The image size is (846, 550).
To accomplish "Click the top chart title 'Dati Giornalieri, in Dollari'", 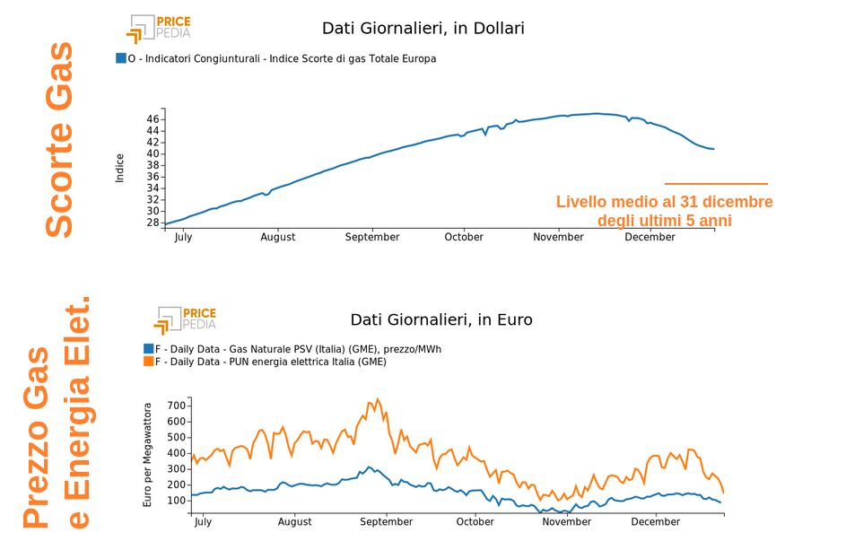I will tap(423, 29).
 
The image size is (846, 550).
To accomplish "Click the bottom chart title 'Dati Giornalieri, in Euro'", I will tap(440, 319).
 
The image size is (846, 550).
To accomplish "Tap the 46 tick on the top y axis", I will tap(153, 119).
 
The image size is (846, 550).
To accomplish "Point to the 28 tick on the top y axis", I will tap(153, 223).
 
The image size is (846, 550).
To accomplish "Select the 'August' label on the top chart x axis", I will tap(278, 237).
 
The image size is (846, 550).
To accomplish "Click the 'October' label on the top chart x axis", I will tap(464, 237).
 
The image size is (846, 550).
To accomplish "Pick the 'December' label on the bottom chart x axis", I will tap(656, 521).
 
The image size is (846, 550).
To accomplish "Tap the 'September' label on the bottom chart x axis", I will tap(386, 521).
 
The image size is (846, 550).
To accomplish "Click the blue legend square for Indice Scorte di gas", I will tap(121, 58).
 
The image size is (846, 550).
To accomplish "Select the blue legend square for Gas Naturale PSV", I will tap(148, 349).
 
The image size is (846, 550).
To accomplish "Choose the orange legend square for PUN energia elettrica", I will tap(148, 362).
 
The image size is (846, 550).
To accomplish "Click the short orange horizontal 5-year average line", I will tap(716, 184).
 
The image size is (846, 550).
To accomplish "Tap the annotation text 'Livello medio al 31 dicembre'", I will tap(664, 202).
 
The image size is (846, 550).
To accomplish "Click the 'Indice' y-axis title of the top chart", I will tap(120, 168).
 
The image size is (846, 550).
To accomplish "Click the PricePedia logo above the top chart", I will tap(159, 28).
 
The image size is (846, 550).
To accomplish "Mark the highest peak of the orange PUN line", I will tap(378, 399).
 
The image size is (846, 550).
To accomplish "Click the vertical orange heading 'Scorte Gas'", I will tap(60, 139).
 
